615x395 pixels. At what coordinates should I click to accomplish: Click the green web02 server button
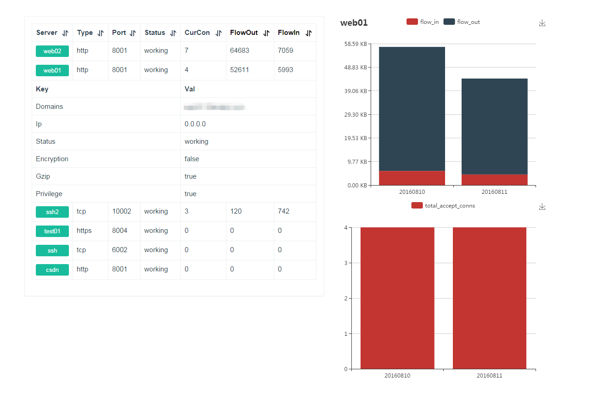52,51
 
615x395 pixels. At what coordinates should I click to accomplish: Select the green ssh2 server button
52,212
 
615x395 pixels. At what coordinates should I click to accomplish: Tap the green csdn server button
52,270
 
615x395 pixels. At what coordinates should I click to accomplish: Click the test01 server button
52,231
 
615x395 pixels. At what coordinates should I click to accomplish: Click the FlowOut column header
244,33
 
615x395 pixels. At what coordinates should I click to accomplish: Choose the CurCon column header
197,33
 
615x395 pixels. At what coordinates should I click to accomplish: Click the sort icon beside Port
133,33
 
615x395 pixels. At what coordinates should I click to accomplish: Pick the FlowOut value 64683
240,51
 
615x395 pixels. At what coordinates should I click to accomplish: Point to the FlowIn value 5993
286,70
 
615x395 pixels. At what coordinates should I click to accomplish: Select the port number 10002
122,211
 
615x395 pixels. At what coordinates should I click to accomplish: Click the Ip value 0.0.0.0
195,124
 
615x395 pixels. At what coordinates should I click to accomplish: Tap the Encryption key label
52,159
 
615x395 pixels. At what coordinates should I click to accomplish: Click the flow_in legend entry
423,22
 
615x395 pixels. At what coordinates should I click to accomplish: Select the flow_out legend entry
462,22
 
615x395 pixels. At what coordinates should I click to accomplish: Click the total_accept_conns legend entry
443,206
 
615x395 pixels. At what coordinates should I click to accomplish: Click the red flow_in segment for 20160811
494,180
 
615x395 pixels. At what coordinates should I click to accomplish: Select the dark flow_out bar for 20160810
412,109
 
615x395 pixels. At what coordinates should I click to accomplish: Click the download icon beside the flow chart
542,23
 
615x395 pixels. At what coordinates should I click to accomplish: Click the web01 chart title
354,23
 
